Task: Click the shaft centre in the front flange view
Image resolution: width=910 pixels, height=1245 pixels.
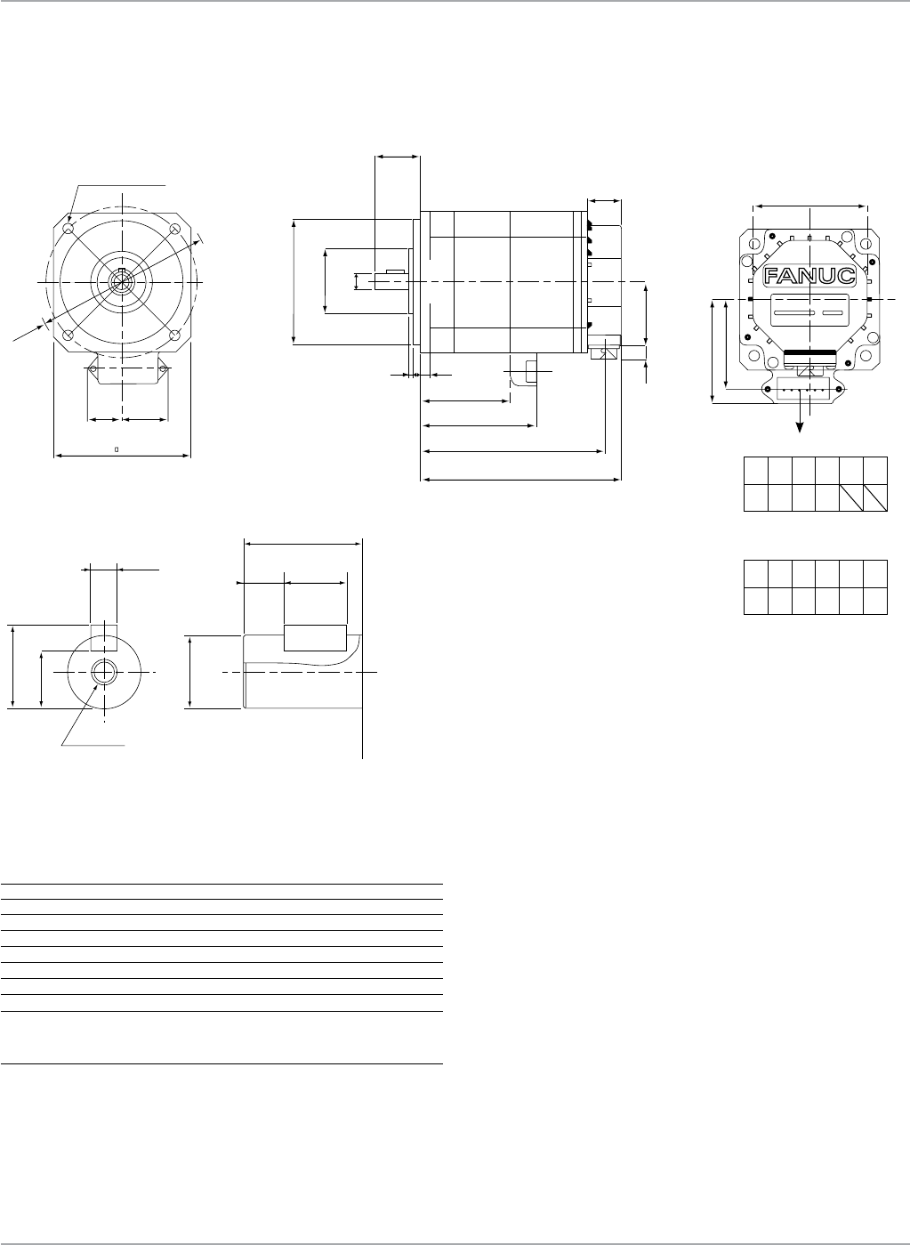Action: [x=122, y=279]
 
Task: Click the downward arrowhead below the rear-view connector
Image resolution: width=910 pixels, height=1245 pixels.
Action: [x=800, y=427]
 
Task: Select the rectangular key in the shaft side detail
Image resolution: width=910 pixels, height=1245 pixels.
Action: [x=315, y=638]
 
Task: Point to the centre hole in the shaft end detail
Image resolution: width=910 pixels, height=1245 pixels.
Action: [x=103, y=672]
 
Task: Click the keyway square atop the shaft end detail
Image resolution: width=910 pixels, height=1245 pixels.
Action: [x=103, y=630]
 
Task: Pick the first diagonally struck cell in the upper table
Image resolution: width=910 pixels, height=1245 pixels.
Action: [x=851, y=498]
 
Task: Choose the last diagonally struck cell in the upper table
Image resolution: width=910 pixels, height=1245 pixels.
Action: [x=875, y=498]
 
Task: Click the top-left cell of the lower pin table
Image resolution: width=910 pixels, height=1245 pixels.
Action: [x=755, y=573]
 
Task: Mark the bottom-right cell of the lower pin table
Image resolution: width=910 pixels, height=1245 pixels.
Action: [x=875, y=601]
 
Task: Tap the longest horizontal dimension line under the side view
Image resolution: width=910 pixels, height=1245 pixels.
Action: [x=521, y=481]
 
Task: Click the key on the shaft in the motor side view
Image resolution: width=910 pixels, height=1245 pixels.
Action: [x=396, y=271]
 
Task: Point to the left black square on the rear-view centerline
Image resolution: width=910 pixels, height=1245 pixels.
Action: [x=752, y=299]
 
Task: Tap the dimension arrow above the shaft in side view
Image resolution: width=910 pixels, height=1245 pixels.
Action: [x=397, y=157]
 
